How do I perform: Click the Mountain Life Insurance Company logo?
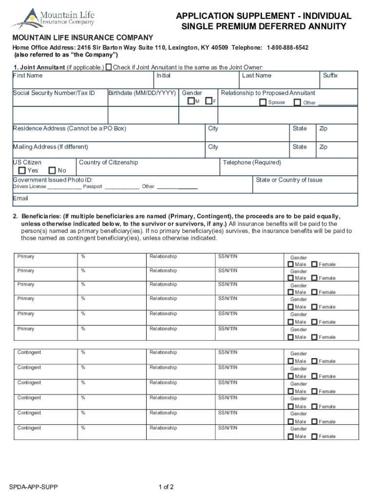coord(53,18)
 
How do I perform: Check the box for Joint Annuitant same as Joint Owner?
coord(109,67)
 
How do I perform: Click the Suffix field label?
coord(330,76)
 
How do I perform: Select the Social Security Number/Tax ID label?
coord(54,93)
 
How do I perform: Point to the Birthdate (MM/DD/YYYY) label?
coord(142,93)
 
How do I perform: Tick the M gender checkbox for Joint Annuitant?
coord(191,101)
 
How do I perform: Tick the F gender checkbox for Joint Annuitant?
coord(208,101)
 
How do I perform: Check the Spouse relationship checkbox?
coord(263,102)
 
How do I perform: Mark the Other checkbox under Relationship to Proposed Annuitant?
coord(297,102)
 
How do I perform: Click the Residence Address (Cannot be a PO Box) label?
coord(69,129)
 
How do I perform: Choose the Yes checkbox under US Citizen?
coord(22,171)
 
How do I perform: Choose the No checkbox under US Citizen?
coord(53,171)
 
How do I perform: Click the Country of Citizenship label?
coord(108,163)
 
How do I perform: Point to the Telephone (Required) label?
coord(252,163)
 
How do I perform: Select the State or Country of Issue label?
coord(289,180)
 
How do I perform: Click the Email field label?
coord(20,198)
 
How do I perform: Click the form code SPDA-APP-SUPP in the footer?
coord(33,487)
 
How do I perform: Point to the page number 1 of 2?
coord(166,487)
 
